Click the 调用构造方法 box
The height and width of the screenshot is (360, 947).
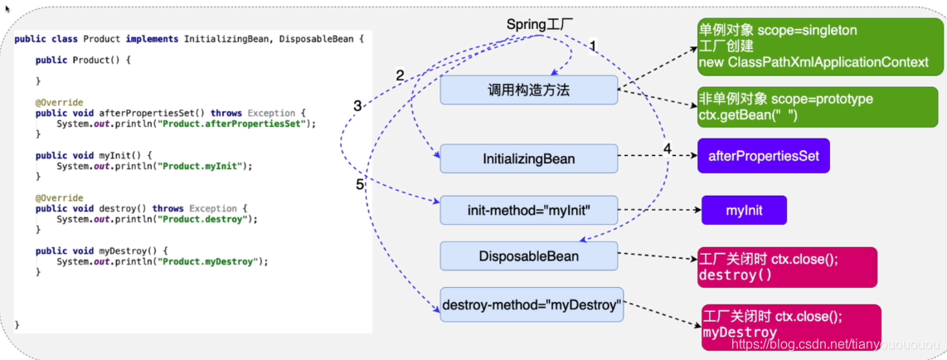(529, 90)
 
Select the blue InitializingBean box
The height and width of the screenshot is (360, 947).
(529, 158)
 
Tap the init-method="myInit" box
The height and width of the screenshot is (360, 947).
(529, 210)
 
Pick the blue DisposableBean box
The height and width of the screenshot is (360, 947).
(529, 256)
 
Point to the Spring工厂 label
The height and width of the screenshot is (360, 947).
(540, 24)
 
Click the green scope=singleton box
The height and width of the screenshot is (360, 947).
(778, 46)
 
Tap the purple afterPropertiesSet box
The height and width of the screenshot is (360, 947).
(764, 155)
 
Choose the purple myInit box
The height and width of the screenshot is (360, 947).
(744, 210)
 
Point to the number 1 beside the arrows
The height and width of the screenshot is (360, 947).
(592, 45)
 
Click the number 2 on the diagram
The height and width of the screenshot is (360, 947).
(400, 75)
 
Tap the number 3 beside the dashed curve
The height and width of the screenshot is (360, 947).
(357, 106)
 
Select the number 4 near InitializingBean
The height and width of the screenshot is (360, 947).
(668, 149)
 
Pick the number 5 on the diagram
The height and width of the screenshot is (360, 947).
(360, 185)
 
